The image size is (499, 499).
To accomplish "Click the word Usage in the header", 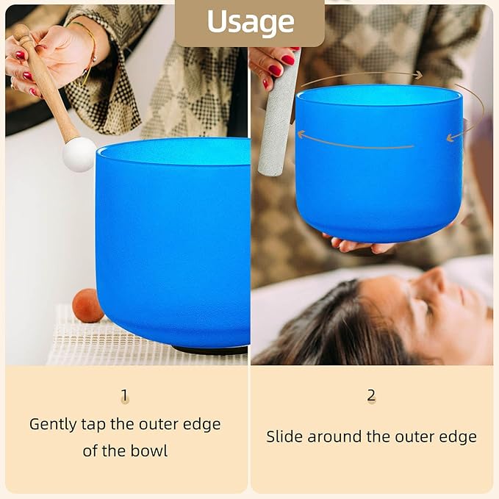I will pos(249,22).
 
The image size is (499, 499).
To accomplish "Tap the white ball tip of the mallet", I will pos(79,154).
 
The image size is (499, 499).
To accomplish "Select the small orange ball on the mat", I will pos(87,305).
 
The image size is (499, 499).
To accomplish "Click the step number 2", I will pos(371,395).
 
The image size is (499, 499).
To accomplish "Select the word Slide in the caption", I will pos(284,437).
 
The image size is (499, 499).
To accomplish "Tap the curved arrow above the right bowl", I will pos(360,75).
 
